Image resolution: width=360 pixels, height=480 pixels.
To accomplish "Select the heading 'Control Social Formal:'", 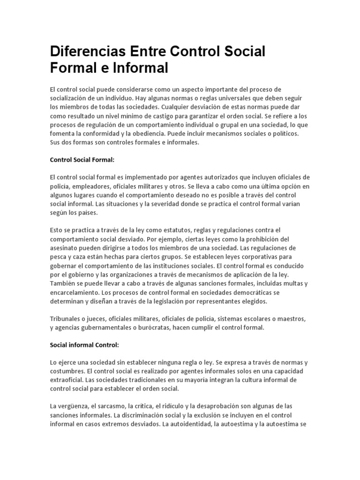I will pos(82,160).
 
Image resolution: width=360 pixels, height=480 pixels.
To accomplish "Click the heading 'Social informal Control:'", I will pos(84,345).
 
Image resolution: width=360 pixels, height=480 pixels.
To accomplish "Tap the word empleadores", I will pos(91,186).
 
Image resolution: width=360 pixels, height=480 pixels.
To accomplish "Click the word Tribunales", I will pos(66,319).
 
